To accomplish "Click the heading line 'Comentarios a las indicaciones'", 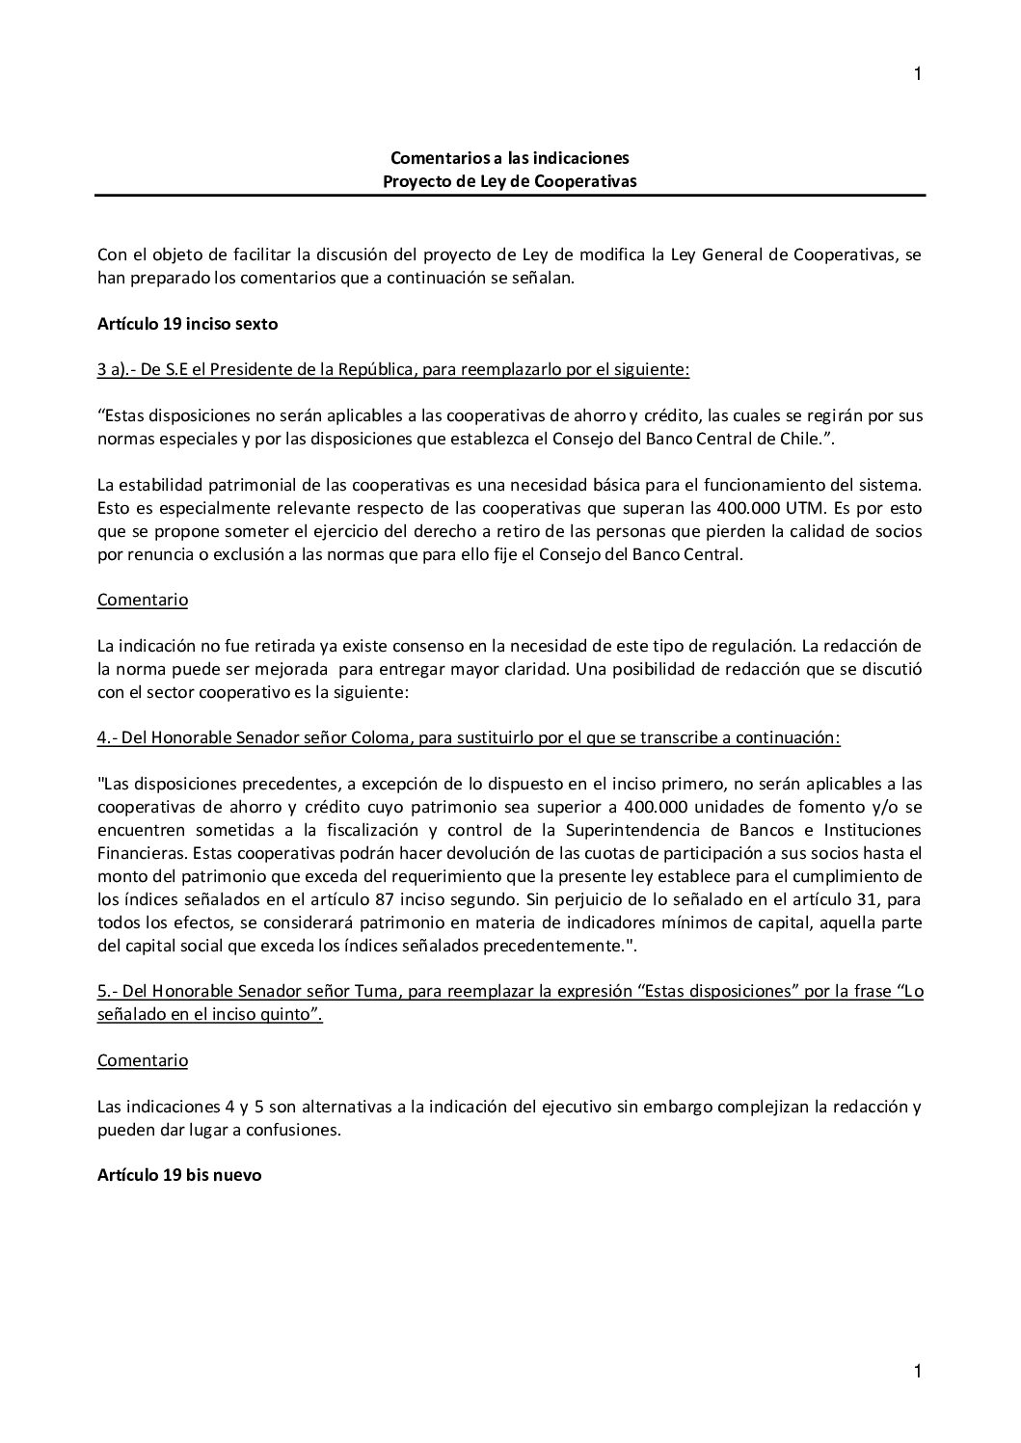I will [510, 157].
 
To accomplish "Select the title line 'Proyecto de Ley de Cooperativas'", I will [510, 180].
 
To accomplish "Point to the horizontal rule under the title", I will [510, 196].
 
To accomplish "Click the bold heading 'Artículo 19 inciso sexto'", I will [187, 324].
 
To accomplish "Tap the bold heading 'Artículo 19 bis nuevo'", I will [179, 1176].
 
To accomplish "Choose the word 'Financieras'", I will [137, 853].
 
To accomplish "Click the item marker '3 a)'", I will [114, 370].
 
